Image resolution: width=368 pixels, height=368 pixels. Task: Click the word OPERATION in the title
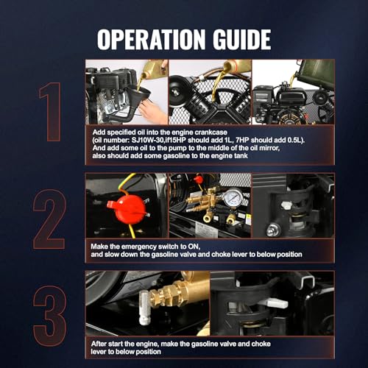coord(151,39)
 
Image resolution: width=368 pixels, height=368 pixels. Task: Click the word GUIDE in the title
coord(242,39)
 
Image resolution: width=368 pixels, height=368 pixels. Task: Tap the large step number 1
coord(51,112)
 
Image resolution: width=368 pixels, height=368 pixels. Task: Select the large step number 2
coord(49,219)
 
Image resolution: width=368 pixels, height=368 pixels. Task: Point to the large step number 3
coord(50,316)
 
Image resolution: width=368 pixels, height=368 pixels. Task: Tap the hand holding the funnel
coord(152,111)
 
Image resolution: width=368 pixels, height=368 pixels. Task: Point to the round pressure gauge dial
coord(233,197)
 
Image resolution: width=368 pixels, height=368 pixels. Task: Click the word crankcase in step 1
coord(211,132)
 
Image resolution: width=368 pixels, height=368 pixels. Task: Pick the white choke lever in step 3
coord(277,302)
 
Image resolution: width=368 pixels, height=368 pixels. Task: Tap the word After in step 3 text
coord(99,344)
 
